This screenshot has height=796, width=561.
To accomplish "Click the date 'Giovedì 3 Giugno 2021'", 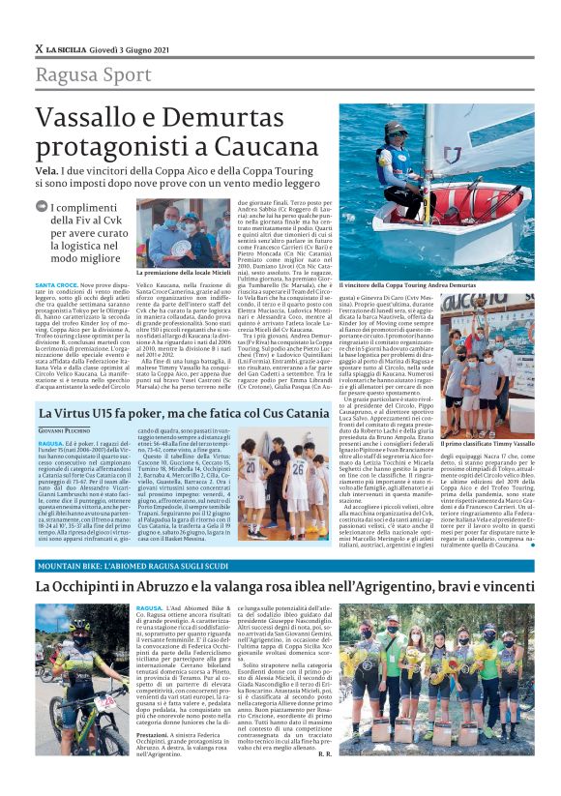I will [138, 48].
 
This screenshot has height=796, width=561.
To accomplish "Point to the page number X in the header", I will [39, 48].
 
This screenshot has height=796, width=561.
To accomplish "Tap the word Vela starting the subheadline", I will [48, 166].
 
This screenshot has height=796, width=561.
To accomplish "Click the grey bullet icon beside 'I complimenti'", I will [41, 206].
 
